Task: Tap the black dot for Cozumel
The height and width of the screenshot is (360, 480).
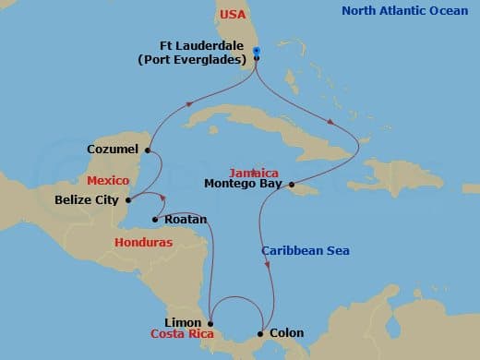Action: click(x=148, y=148)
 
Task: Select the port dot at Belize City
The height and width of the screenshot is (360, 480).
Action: click(x=127, y=198)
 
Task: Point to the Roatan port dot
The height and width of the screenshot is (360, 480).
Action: click(x=155, y=219)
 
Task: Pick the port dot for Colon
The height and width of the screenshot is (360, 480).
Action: click(x=262, y=333)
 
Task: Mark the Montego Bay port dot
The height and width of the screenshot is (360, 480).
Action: click(x=292, y=184)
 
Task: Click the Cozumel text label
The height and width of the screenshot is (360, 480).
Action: click(x=112, y=148)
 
